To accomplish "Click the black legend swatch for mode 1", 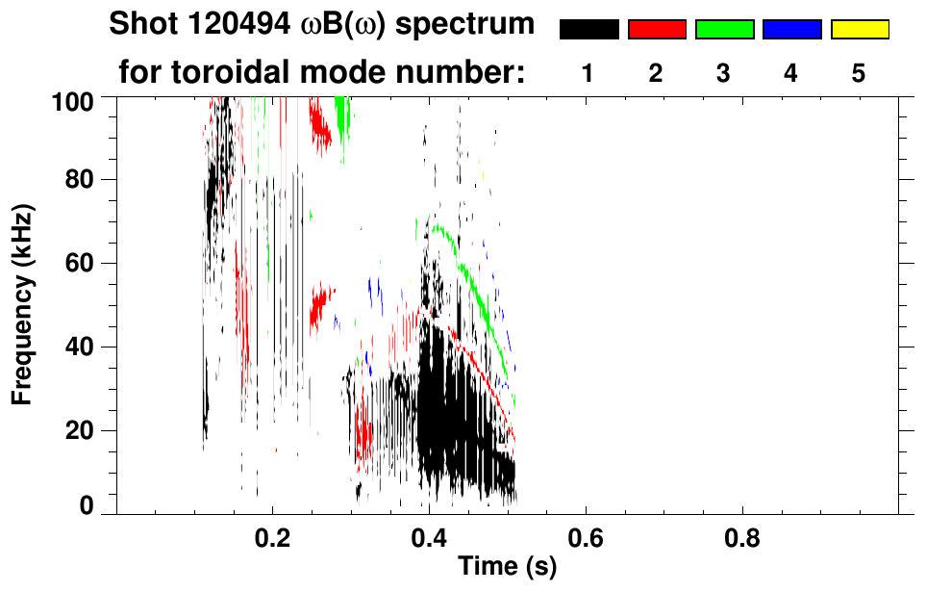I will pos(588,30).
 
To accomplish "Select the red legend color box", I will pos(657,30).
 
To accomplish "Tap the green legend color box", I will pos(724,30).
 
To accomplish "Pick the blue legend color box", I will pos(791,30).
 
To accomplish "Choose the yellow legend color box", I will pos(859,30).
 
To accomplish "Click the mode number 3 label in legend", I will pos(724,73).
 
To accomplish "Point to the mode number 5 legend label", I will pos(859,73).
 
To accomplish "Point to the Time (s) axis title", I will pos(506,568).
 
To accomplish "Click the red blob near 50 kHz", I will pos(320,307).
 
